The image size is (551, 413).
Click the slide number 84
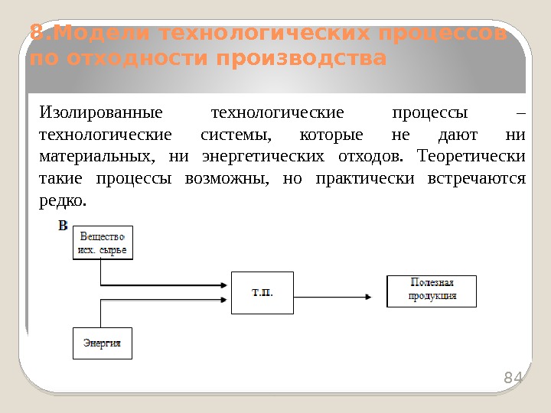click(x=512, y=377)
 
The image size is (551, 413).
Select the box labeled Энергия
click(x=103, y=343)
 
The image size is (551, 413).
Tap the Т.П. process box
click(x=262, y=292)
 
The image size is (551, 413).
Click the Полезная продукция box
click(x=432, y=291)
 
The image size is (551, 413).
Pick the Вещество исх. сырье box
click(x=103, y=242)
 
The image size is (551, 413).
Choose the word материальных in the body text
click(x=94, y=157)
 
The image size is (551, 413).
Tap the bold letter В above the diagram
click(x=64, y=226)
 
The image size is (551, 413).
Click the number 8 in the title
click(x=35, y=34)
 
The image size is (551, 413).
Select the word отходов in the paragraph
click(x=367, y=157)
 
